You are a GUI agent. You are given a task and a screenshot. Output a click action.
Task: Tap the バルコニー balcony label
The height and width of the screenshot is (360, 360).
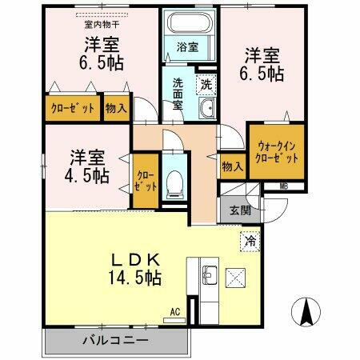tap(116, 340)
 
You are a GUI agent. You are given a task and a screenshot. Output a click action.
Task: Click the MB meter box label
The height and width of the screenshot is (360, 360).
tap(284, 186)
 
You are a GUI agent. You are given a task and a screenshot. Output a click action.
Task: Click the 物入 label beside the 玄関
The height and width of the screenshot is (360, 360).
tap(233, 166)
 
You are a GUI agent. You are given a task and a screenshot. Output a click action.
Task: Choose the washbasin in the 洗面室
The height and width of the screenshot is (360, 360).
tap(206, 110)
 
